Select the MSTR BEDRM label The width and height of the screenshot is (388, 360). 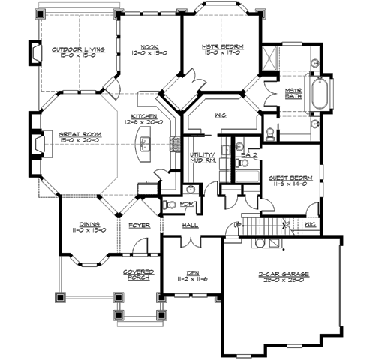pyautogui.click(x=222, y=48)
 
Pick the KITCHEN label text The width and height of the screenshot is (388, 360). pyautogui.click(x=143, y=117)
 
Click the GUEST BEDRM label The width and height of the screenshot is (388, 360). pyautogui.click(x=288, y=178)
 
